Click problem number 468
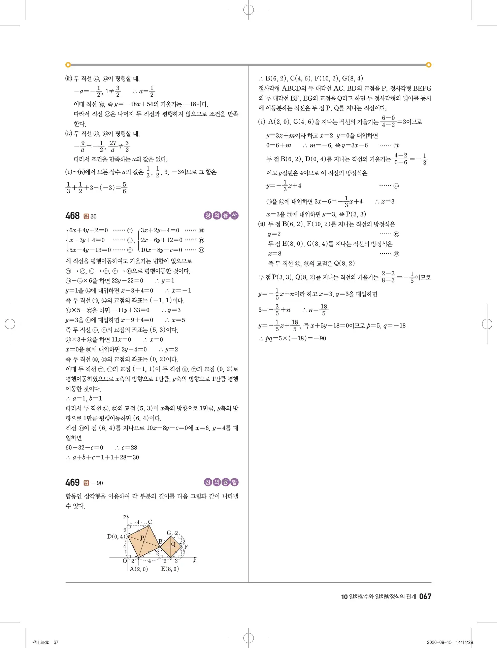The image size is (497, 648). (72, 216)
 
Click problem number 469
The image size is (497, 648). (72, 482)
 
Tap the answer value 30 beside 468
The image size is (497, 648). (94, 216)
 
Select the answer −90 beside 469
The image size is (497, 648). (97, 483)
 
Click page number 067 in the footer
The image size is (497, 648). (425, 596)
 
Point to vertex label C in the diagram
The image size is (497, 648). (150, 522)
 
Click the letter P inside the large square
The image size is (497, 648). (142, 538)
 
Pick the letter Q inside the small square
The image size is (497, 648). (173, 544)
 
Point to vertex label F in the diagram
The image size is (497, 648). (186, 547)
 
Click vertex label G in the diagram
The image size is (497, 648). (169, 533)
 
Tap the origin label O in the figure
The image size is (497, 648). (125, 561)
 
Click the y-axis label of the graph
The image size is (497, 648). (125, 516)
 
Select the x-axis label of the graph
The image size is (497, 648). (195, 561)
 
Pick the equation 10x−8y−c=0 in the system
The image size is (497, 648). (161, 250)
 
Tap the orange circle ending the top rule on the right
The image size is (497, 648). (429, 65)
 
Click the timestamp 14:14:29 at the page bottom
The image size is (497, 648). (464, 642)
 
